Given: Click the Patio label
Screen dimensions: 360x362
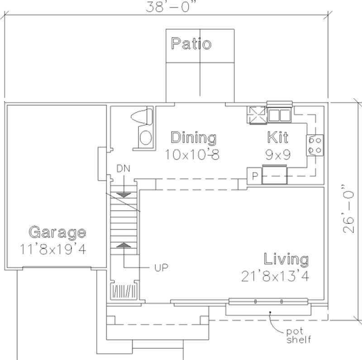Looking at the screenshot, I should pyautogui.click(x=191, y=44).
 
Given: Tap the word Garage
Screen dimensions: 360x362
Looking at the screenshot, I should pyautogui.click(x=57, y=233).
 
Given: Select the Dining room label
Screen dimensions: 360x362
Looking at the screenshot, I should pyautogui.click(x=193, y=137).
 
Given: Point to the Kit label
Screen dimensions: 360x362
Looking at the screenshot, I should pyautogui.click(x=277, y=137).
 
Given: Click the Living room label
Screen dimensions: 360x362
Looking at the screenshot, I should pyautogui.click(x=286, y=260).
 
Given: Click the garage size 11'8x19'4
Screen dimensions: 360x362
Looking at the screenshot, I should pyautogui.click(x=53, y=249).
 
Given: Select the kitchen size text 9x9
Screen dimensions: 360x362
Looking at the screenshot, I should pyautogui.click(x=277, y=154).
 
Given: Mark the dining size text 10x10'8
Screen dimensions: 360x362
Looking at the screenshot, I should pyautogui.click(x=192, y=155).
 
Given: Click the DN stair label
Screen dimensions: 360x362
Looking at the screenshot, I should pyautogui.click(x=124, y=169).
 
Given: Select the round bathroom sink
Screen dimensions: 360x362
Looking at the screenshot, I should pyautogui.click(x=145, y=137).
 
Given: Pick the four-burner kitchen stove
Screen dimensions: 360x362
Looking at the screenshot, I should pyautogui.click(x=315, y=145).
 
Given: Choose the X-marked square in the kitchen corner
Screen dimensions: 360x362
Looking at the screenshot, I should pyautogui.click(x=256, y=114).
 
